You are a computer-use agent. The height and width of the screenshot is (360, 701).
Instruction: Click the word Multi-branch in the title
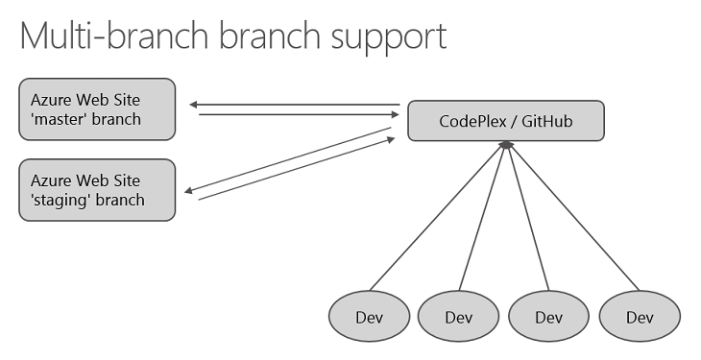coord(114,36)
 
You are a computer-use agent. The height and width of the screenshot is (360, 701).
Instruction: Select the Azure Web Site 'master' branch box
coord(97,109)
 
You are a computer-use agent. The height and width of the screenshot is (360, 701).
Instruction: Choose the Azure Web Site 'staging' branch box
coord(97,190)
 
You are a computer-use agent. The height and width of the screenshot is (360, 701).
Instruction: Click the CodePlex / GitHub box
coord(506,121)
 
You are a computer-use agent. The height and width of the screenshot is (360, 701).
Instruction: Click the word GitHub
coord(546,121)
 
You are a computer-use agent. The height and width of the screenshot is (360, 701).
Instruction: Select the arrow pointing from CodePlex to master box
coord(295,105)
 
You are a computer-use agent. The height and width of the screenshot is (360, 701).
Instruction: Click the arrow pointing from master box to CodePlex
coord(299,114)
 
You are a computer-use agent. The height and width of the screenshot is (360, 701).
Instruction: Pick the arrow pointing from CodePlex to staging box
coord(288,159)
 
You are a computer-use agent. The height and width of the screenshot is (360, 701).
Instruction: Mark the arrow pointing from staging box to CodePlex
coord(297,168)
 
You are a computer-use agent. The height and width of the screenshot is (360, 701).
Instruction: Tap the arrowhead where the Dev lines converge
coord(506,144)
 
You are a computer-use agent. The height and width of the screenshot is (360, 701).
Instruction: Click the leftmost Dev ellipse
coord(370,316)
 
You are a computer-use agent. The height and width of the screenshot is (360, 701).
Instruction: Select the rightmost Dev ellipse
coord(640,316)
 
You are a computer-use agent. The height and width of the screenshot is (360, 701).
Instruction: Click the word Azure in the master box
coord(51,100)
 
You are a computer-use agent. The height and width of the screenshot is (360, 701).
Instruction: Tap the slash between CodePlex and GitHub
coord(513,121)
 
